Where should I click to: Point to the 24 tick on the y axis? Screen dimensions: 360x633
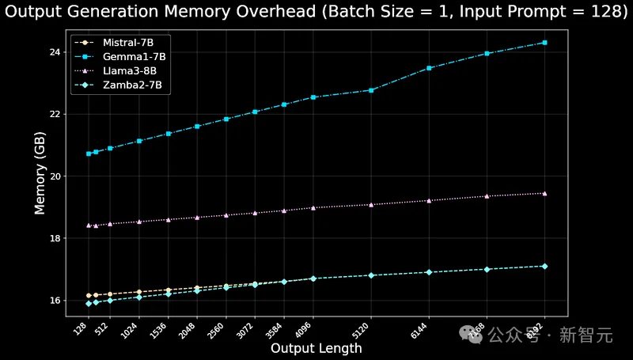(x=54, y=52)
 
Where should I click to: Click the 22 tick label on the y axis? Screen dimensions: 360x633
(x=54, y=114)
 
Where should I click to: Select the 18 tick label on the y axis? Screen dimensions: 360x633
(x=54, y=238)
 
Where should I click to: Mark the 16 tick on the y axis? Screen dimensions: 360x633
(x=54, y=301)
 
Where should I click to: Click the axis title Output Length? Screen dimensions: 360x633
(x=316, y=348)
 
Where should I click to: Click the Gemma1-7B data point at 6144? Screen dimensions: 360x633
(x=429, y=68)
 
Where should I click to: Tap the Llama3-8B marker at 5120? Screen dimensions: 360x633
(x=371, y=205)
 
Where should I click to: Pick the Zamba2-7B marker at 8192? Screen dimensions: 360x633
(x=545, y=266)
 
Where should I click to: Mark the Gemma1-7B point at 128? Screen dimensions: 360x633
(x=89, y=153)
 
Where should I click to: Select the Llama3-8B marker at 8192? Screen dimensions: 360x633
(x=545, y=193)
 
